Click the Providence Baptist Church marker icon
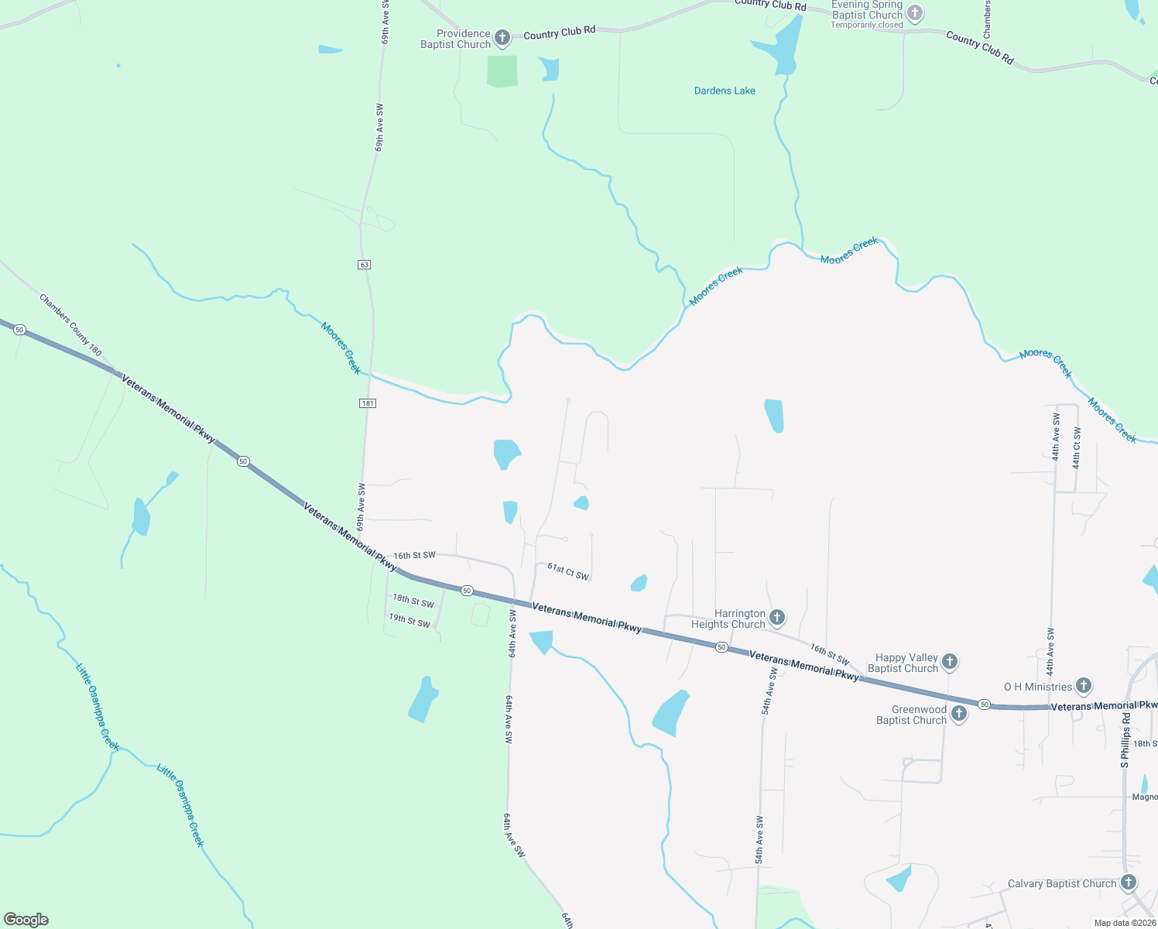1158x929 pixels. [502, 37]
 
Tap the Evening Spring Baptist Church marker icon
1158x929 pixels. [915, 12]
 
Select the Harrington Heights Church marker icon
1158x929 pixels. [777, 617]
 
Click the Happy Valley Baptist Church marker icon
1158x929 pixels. [950, 662]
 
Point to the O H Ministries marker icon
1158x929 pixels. [1084, 685]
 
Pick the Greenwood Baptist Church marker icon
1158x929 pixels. [959, 714]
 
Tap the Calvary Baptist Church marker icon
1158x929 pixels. [1129, 882]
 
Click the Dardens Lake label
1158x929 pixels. [725, 91]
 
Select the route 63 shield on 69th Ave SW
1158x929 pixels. [365, 265]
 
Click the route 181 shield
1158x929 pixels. [368, 403]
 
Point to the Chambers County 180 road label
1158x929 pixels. [70, 325]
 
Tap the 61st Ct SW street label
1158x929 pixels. [568, 571]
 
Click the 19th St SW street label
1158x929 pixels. [409, 620]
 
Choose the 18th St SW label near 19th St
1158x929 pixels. [413, 601]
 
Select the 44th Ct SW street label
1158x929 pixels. [1076, 449]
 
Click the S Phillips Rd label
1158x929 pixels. [1125, 741]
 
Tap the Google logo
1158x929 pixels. [26, 919]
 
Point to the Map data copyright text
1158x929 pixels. [1125, 923]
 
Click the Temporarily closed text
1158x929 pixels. [867, 25]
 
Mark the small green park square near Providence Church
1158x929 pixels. [502, 71]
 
